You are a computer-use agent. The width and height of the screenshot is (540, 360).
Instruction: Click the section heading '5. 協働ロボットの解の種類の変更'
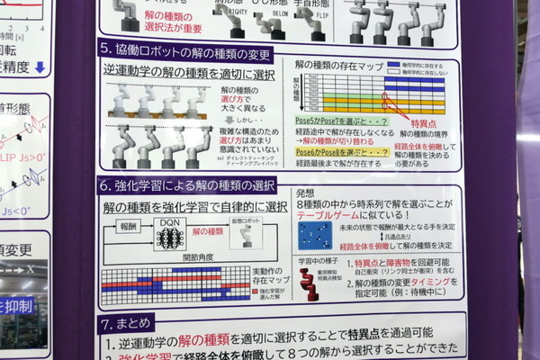pos(184,49)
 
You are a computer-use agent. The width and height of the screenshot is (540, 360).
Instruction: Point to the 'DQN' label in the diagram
pos(168,220)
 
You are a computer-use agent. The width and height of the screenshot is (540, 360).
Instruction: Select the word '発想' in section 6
pos(303,192)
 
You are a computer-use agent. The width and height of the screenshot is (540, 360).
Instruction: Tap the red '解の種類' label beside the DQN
pos(209,230)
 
